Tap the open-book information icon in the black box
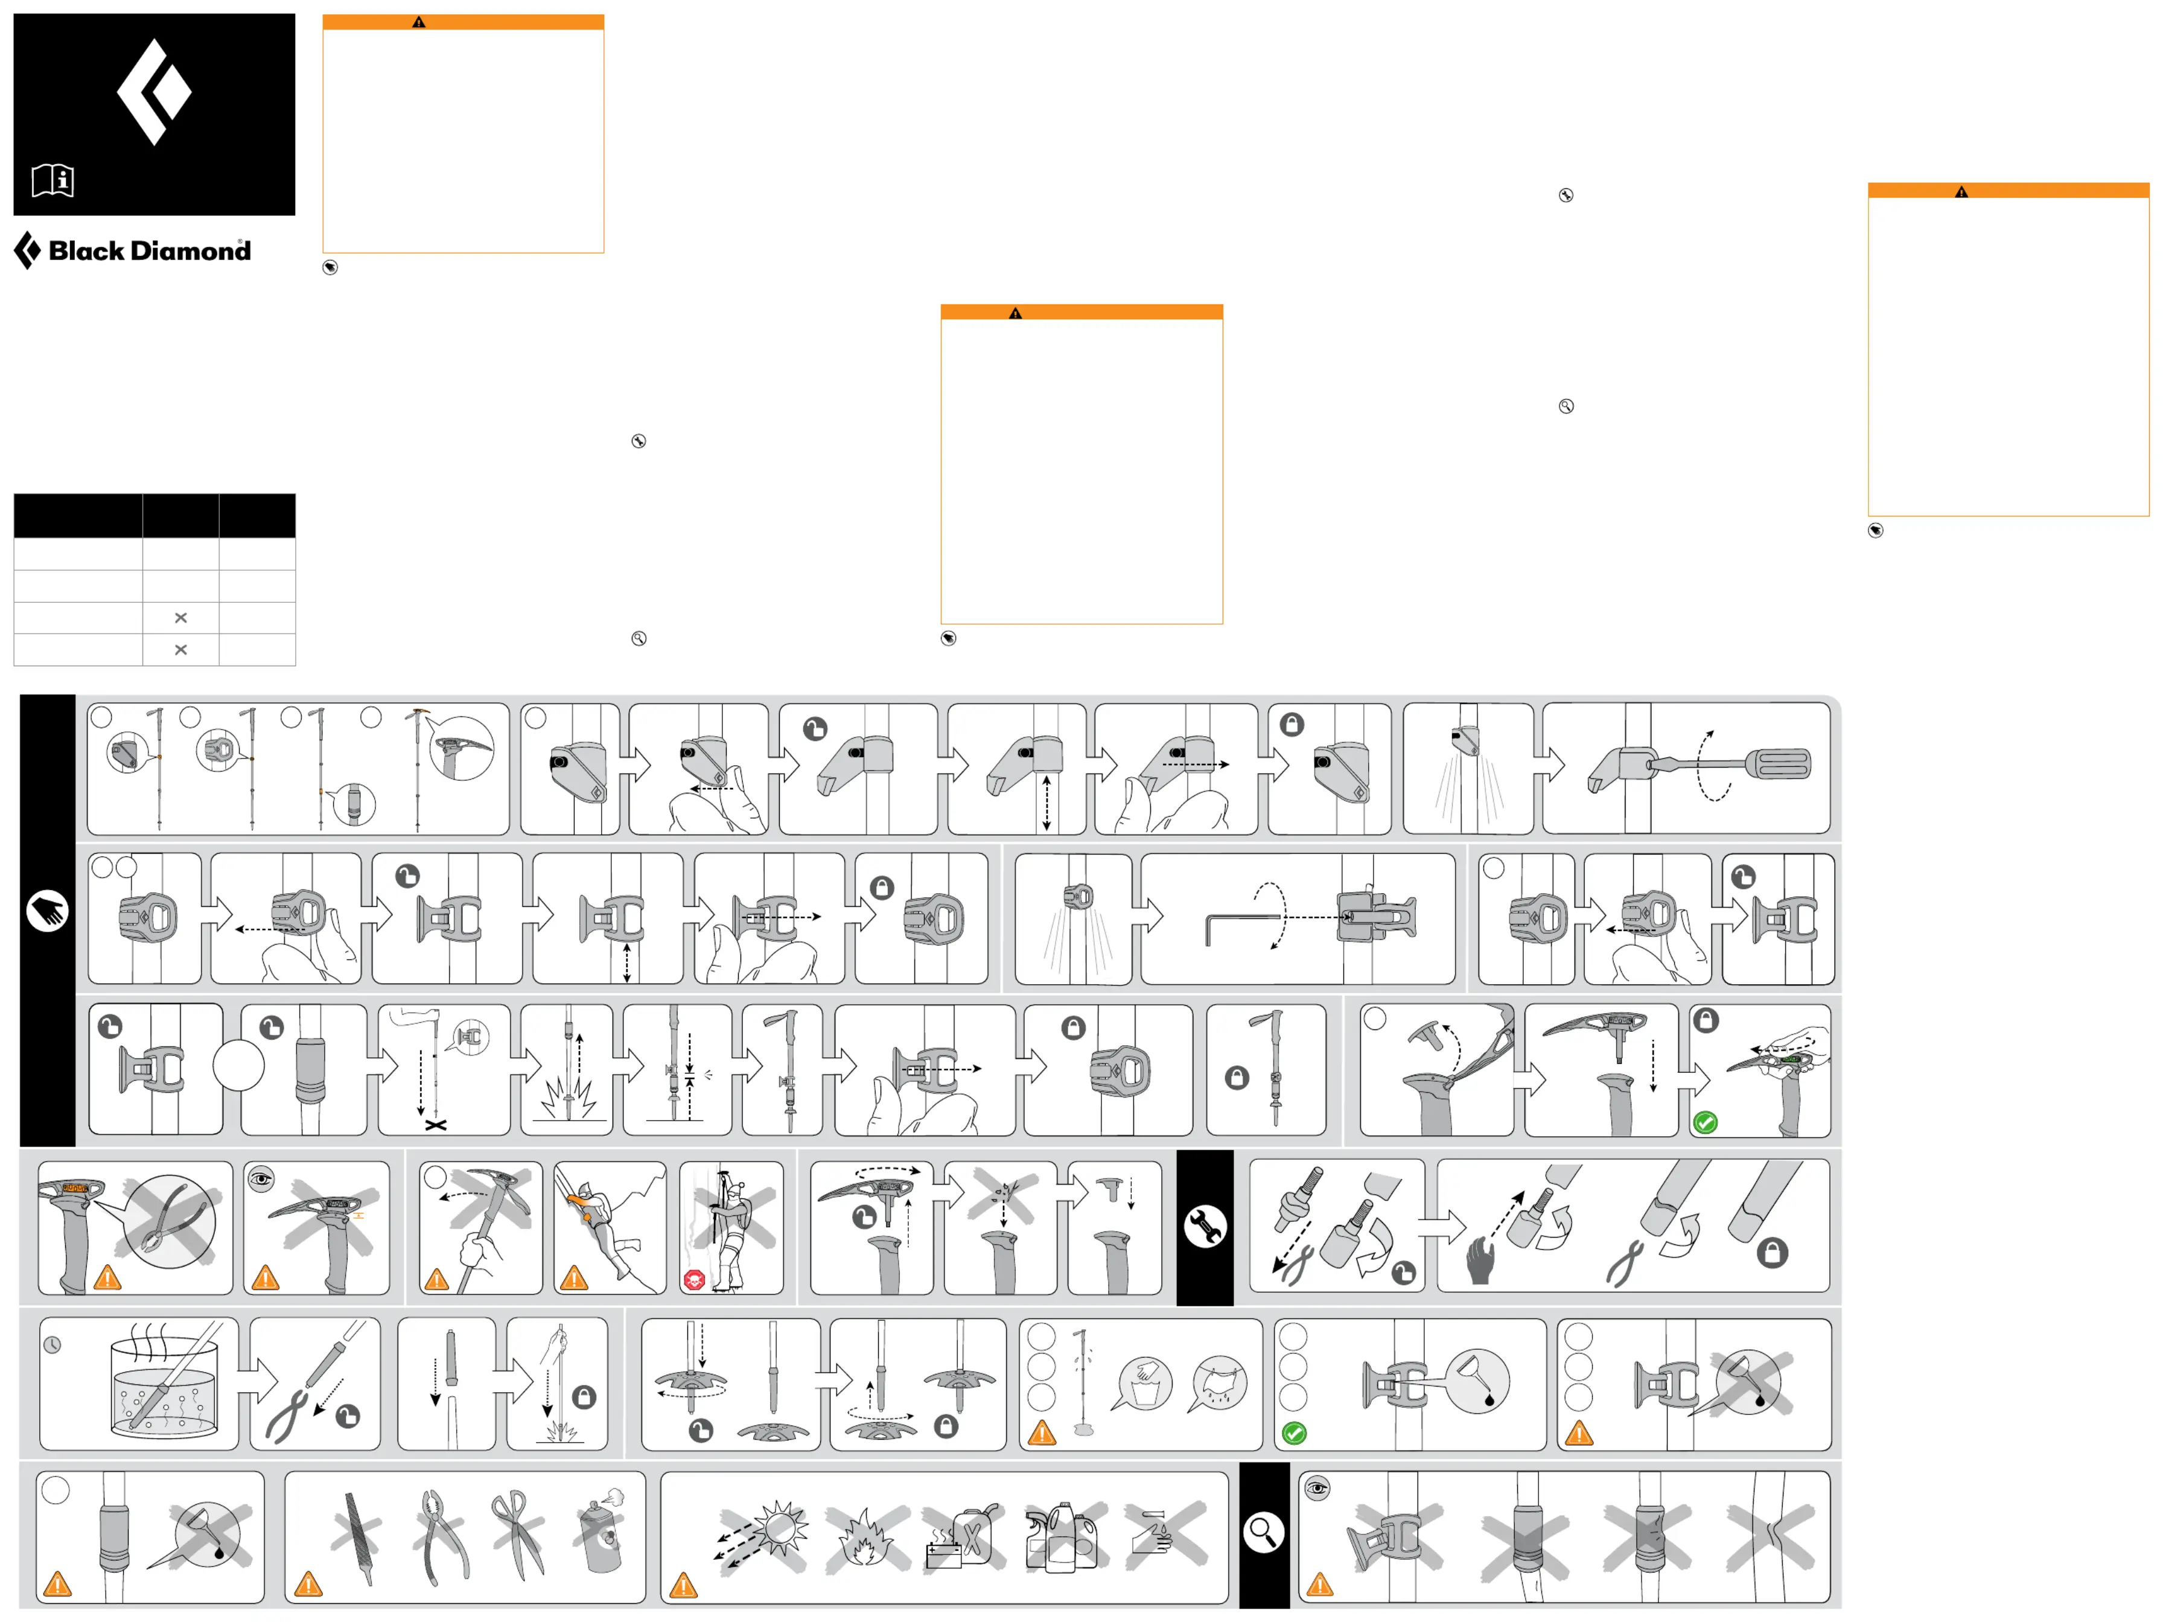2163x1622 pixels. [x=53, y=180]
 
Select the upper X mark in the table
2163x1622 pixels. [x=181, y=618]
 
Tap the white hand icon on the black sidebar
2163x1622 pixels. [x=47, y=911]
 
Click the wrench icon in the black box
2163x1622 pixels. [x=1205, y=1226]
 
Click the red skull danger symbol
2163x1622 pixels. [x=694, y=1279]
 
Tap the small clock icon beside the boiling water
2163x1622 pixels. [x=53, y=1345]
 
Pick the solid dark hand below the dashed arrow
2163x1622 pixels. [x=1482, y=1261]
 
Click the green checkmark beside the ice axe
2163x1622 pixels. [x=1706, y=1122]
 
